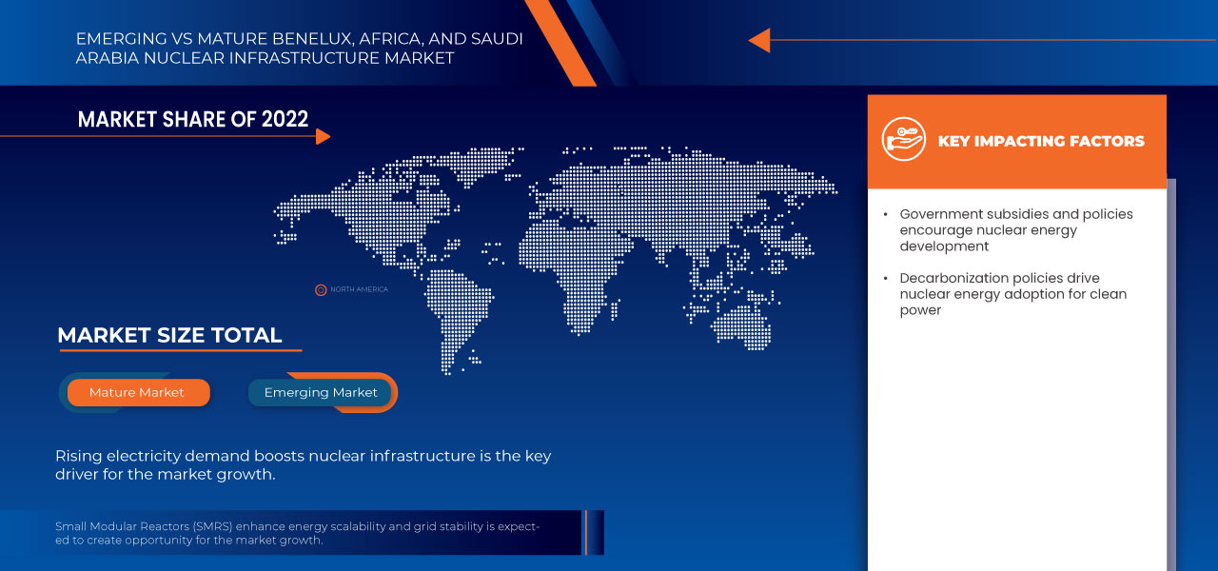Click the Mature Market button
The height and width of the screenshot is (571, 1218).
pyautogui.click(x=137, y=392)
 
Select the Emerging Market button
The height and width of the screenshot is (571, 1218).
pyautogui.click(x=321, y=392)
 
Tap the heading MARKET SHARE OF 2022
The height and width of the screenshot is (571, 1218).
pyautogui.click(x=193, y=119)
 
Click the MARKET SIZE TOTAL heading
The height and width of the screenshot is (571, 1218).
pyautogui.click(x=169, y=335)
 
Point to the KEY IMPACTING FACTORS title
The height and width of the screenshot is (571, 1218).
pyautogui.click(x=1041, y=141)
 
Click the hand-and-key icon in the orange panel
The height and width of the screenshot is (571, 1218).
pyautogui.click(x=903, y=139)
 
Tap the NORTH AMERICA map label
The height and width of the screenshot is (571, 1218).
pyautogui.click(x=359, y=289)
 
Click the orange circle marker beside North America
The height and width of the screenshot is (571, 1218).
pyautogui.click(x=321, y=289)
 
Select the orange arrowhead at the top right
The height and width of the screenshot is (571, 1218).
pyautogui.click(x=758, y=40)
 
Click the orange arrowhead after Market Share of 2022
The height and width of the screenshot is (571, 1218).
pyautogui.click(x=323, y=136)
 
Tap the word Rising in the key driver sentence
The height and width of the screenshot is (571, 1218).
pyautogui.click(x=77, y=456)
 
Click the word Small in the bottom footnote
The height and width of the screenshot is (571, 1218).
pyautogui.click(x=69, y=526)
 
